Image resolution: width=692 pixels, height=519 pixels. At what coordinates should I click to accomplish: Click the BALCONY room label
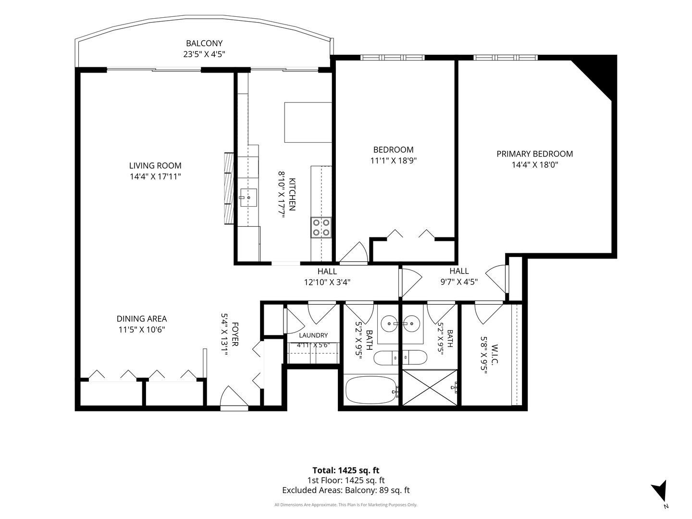click(x=204, y=43)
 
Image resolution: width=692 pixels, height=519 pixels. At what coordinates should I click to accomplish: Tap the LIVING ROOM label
click(x=155, y=165)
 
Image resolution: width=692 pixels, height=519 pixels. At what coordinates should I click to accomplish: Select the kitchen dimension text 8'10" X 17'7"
click(x=282, y=194)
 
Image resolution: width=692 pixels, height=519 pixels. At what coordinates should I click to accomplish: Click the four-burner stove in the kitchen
click(x=321, y=227)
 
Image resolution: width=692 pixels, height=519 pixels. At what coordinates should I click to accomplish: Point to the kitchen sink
click(x=248, y=198)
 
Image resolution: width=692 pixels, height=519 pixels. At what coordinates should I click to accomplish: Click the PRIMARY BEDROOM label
click(x=534, y=154)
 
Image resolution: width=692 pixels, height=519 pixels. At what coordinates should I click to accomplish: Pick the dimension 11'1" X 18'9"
click(x=393, y=161)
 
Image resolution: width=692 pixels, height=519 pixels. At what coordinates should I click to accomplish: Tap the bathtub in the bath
click(x=371, y=390)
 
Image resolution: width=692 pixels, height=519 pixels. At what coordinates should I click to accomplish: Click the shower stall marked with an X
click(x=430, y=388)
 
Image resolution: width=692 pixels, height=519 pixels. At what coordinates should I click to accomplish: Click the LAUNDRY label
click(x=313, y=335)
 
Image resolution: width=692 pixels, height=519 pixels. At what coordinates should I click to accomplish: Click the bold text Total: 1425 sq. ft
click(x=346, y=470)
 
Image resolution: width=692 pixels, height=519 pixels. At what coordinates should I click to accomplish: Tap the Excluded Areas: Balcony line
click(x=346, y=490)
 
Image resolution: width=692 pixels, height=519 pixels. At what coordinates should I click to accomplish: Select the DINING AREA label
click(x=142, y=319)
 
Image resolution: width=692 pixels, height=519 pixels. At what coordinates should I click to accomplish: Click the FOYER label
click(x=235, y=334)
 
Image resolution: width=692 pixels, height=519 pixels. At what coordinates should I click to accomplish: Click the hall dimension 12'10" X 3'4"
click(x=327, y=282)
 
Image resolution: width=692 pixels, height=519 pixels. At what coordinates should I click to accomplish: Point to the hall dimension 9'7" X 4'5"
click(x=459, y=282)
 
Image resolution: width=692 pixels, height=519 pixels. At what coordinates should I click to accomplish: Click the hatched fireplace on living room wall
click(x=229, y=188)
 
